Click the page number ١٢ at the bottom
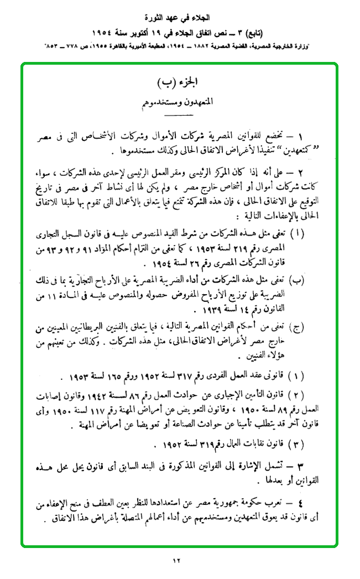pos(176,562)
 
